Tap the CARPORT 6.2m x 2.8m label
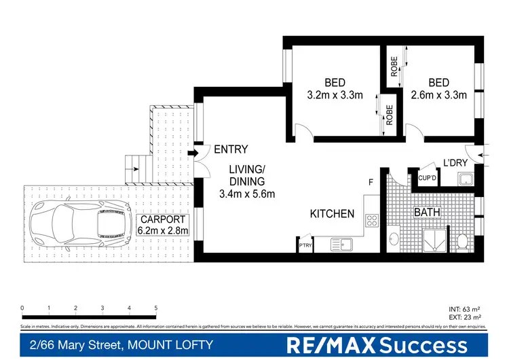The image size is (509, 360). pos(164,226)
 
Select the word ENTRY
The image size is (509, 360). pos(231,149)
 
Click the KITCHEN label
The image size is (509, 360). pos(332,214)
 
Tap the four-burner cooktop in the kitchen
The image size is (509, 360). pos(372,219)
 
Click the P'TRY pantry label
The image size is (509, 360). pos(305,246)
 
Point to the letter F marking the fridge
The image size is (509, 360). pos(371,183)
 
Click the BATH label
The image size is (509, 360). pos(428,213)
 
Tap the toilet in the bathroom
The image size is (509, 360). pos(461,241)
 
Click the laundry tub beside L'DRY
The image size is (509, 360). pos(466,179)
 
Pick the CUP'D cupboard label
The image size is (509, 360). pos(427,178)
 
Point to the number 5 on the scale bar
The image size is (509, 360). pos(155,308)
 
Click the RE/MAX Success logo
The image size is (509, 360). pos(377,344)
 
